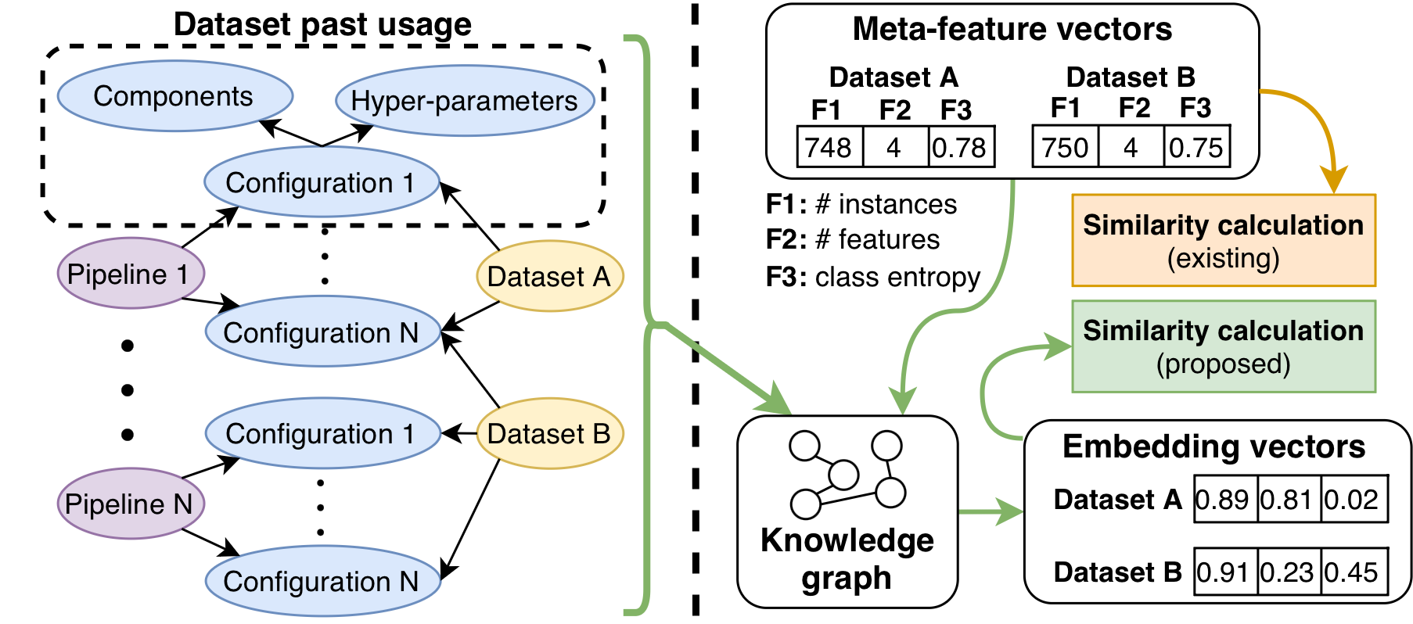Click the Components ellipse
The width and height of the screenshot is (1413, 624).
click(174, 96)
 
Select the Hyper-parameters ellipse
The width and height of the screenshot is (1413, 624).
click(465, 101)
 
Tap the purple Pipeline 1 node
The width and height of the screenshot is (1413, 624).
click(130, 274)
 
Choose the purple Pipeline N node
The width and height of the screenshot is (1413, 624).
click(130, 504)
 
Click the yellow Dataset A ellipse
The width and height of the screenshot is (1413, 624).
click(549, 276)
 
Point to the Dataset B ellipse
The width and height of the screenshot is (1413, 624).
click(549, 433)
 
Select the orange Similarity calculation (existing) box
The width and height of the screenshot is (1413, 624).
click(1223, 241)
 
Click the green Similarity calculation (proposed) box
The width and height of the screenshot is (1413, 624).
click(1223, 346)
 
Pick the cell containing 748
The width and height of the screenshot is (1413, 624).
click(829, 147)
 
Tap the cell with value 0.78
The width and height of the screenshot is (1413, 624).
click(960, 147)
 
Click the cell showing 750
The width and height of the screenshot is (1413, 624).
click(1066, 147)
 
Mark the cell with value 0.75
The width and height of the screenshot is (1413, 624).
click(1196, 147)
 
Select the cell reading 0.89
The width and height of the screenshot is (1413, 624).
click(1225, 499)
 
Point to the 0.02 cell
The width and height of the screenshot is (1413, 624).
click(1354, 499)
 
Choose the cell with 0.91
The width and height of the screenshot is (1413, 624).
click(1225, 572)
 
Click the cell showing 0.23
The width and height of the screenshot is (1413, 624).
click(1289, 572)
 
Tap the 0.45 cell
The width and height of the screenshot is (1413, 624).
click(1354, 572)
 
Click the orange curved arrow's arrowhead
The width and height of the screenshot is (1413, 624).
click(1334, 181)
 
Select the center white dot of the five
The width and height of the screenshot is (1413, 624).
click(843, 475)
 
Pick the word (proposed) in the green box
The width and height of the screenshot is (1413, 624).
click(1223, 364)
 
